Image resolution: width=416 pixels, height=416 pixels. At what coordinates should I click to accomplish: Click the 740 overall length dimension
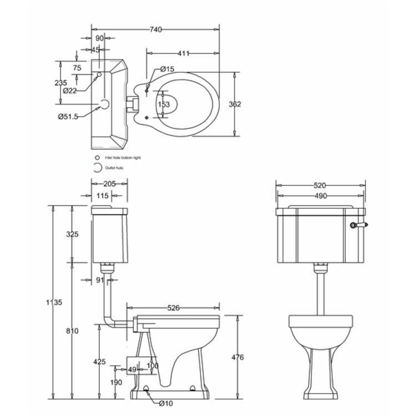[155, 29]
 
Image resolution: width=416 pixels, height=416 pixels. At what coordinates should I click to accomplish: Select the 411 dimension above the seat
[184, 53]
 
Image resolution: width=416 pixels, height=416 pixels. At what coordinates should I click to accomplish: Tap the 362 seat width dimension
[235, 104]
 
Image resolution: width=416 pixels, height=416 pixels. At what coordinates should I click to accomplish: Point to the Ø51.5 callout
[68, 116]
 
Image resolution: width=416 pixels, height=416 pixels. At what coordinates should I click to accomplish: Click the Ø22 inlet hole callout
[69, 90]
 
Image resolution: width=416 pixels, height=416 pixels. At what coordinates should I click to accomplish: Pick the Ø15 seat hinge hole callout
[167, 69]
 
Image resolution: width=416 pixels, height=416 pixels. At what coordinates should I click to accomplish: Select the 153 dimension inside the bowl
[164, 104]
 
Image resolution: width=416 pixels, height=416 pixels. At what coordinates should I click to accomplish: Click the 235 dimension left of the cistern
[62, 83]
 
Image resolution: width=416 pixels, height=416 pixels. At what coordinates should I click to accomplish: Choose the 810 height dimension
[72, 331]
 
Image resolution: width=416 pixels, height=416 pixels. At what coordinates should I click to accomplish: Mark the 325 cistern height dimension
[72, 234]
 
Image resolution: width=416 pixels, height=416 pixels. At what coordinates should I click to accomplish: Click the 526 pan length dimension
[174, 308]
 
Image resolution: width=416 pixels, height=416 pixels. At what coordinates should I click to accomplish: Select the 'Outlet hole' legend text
[114, 168]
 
